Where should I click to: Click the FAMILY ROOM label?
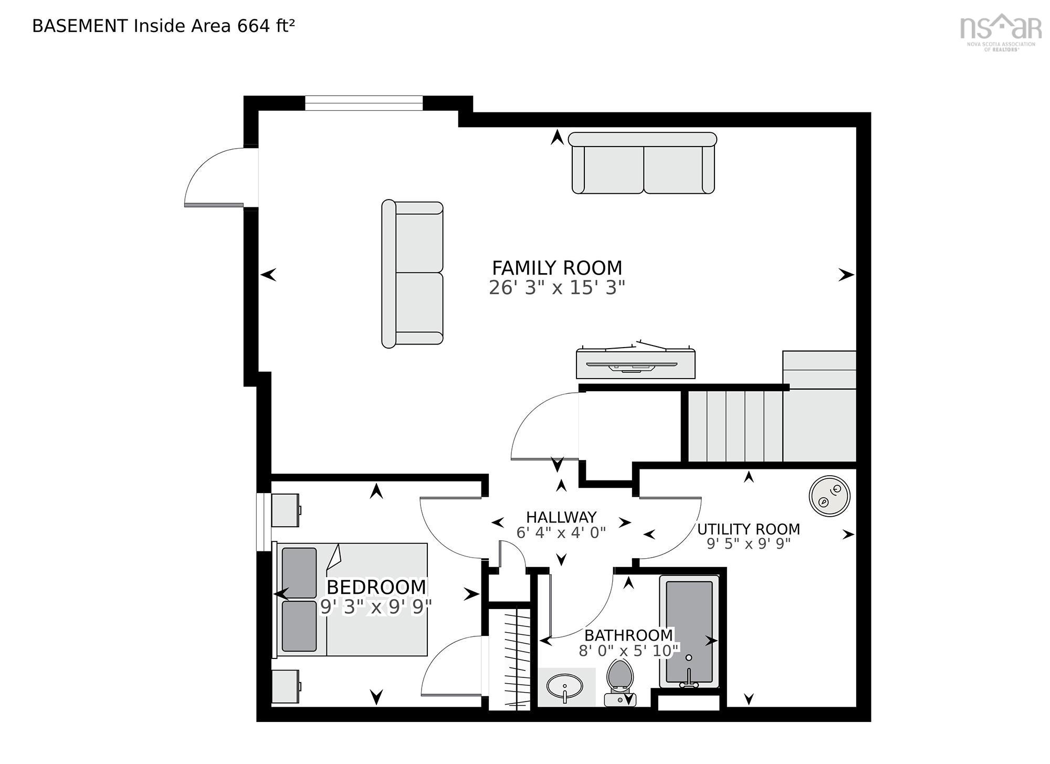click(557, 268)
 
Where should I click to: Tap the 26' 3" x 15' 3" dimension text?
click(557, 288)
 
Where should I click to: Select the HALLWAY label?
click(561, 517)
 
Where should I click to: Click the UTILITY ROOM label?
click(749, 529)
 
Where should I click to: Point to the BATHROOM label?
click(628, 635)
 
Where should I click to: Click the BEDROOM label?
click(376, 587)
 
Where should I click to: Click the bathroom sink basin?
click(564, 686)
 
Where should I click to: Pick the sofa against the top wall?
click(643, 163)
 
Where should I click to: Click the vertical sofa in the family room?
click(412, 274)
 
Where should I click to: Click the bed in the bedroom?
click(351, 600)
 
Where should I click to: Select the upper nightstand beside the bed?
click(286, 509)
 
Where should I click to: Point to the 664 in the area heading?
click(254, 26)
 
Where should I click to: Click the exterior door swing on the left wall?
click(215, 176)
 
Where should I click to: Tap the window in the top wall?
click(364, 103)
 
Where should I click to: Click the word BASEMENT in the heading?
click(80, 26)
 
